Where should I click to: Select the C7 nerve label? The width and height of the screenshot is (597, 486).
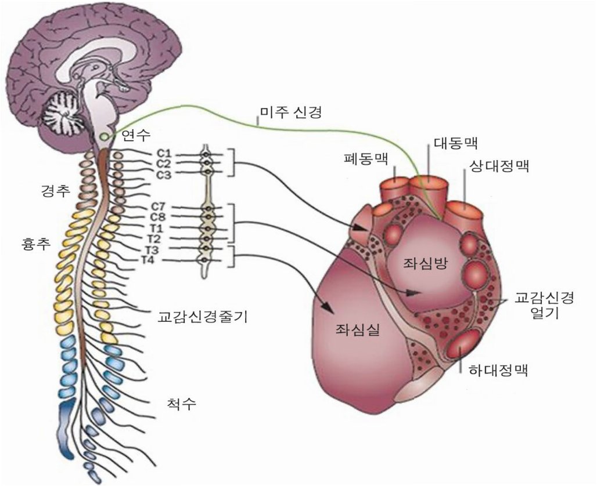(x=159, y=207)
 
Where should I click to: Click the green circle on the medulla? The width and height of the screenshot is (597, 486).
(x=104, y=137)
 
